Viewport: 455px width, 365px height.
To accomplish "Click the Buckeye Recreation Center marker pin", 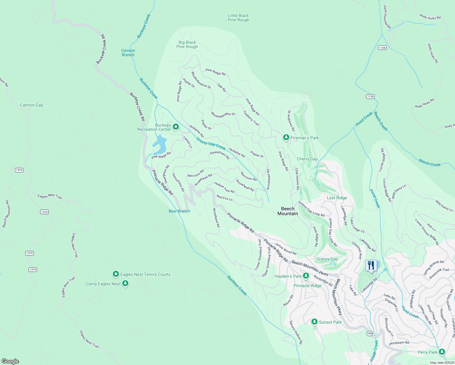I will [175, 127].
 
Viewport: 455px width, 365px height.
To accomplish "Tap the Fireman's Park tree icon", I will [286, 137].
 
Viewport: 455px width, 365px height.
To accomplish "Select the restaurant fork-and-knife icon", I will [371, 266].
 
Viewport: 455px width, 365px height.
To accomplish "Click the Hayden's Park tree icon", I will [306, 276].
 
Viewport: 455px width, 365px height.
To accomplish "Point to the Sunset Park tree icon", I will [315, 322].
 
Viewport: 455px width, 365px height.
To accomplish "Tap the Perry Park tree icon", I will [442, 352].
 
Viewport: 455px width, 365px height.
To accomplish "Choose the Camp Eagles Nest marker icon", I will [125, 283].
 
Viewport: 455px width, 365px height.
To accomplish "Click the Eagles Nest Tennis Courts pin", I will [116, 274].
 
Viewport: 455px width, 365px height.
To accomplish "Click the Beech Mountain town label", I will [288, 211].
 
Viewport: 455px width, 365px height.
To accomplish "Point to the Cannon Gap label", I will [32, 105].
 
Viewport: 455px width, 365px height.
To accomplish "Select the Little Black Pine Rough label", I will [238, 18].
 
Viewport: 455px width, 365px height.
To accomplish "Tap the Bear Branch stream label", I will [179, 211].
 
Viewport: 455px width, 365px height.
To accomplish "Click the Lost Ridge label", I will [337, 198].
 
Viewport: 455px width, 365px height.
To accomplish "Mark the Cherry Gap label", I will [307, 159].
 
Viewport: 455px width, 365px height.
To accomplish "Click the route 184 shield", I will [370, 333].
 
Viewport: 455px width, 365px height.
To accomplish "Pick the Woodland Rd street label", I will [216, 218].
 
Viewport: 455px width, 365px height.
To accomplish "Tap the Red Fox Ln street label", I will [224, 198].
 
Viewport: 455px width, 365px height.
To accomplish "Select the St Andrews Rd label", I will [291, 121].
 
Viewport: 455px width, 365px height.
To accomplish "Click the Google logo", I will [10, 361].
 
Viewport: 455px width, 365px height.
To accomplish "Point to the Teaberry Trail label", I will [251, 118].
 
